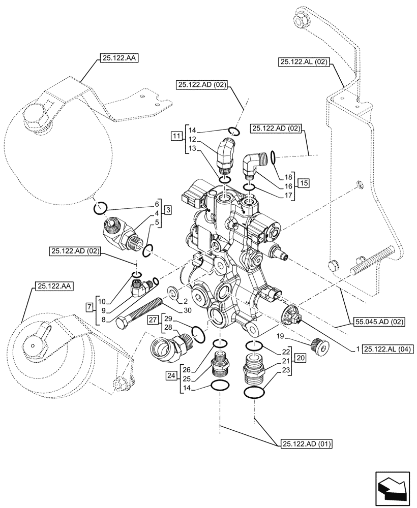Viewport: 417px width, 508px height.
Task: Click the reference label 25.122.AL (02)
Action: click(304, 62)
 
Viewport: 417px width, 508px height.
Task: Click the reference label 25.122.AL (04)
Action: click(389, 349)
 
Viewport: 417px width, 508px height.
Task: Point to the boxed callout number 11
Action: click(176, 136)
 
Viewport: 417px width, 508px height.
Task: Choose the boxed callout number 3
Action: click(168, 209)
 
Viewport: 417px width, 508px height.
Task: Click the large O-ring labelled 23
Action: click(254, 393)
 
